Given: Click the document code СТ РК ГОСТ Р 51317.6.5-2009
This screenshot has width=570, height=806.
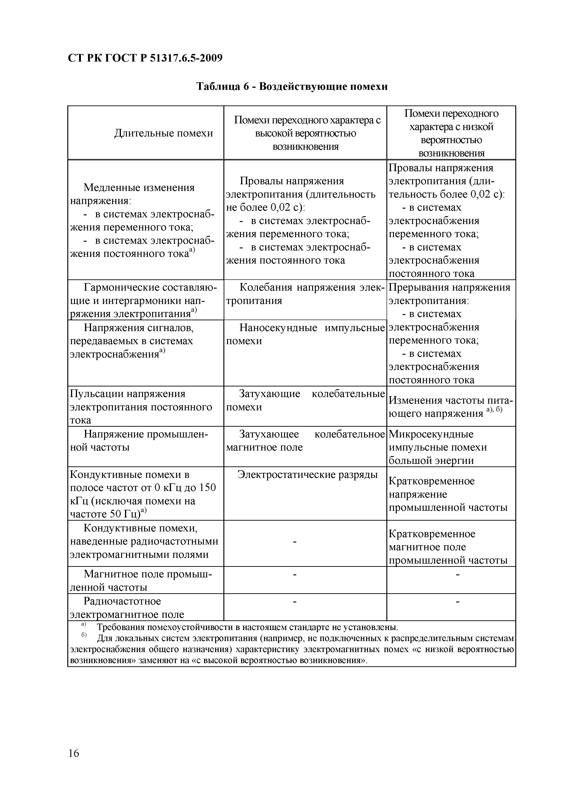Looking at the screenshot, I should coord(145,58).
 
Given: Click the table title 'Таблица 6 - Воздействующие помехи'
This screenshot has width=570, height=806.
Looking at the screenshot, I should coord(291,86).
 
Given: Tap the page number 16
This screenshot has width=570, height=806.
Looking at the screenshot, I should coord(74,753).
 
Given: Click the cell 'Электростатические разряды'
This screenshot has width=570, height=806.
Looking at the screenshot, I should coord(307,475).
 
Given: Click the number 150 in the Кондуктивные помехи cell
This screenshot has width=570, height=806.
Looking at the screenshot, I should coord(208,488).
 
